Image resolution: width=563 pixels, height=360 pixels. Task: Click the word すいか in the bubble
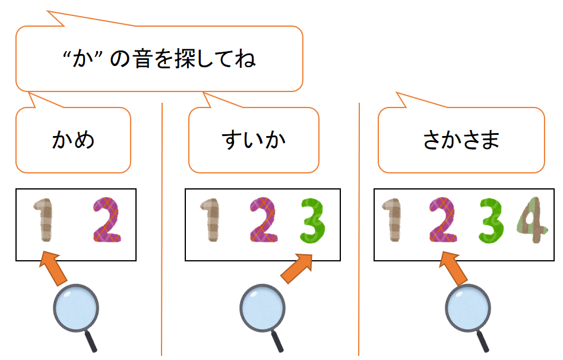[x=254, y=141]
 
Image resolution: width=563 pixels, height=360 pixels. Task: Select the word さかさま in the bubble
[x=461, y=141]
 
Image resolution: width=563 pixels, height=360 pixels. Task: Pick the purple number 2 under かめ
[x=107, y=221]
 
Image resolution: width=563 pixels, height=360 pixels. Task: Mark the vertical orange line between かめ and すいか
[x=162, y=238]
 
